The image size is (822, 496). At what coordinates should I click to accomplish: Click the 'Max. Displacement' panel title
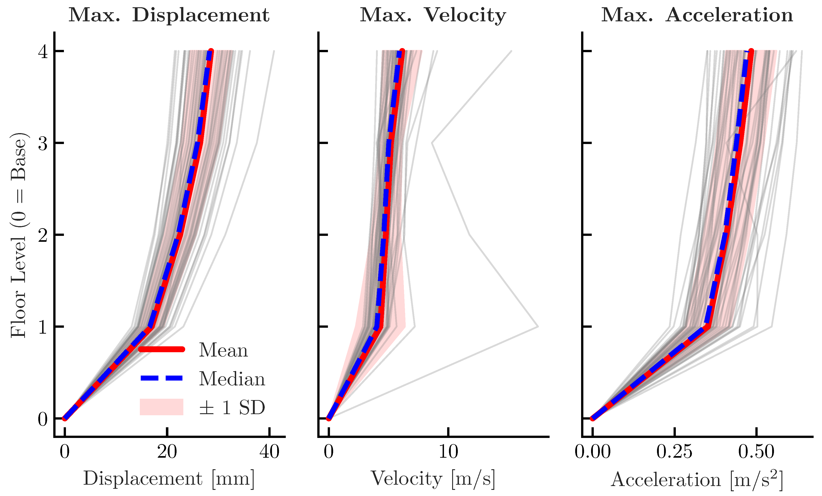tap(169, 15)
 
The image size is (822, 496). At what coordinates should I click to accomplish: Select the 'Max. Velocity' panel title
tap(433, 15)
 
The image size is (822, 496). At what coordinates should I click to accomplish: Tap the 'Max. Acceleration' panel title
tap(697, 15)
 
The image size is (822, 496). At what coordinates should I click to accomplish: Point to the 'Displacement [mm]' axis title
tap(169, 479)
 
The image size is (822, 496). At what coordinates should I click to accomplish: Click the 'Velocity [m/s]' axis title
tap(433, 479)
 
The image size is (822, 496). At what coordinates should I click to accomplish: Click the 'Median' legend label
tap(232, 379)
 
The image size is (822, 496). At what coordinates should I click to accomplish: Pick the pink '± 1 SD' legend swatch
tap(161, 407)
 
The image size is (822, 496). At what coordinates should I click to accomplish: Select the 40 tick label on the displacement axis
tap(269, 452)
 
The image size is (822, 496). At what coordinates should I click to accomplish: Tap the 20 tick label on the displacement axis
tap(167, 452)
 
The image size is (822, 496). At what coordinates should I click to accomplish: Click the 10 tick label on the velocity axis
tap(448, 452)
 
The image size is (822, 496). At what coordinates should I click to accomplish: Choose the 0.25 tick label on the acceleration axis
tap(674, 452)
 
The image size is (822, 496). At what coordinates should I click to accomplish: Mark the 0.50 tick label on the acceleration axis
tap(756, 452)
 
